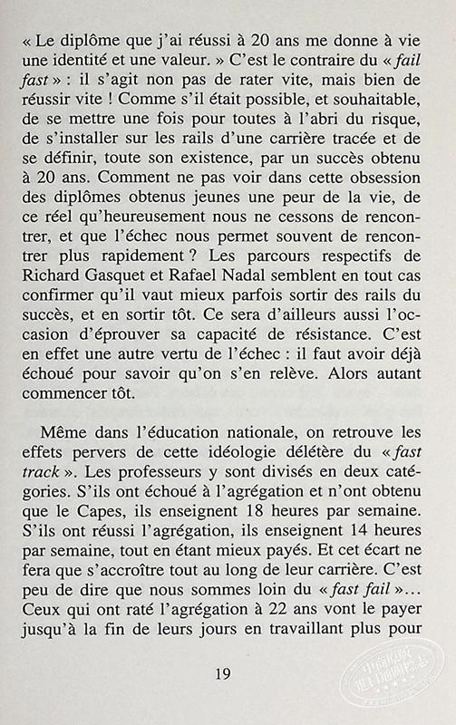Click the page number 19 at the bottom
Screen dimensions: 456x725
[228, 672]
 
